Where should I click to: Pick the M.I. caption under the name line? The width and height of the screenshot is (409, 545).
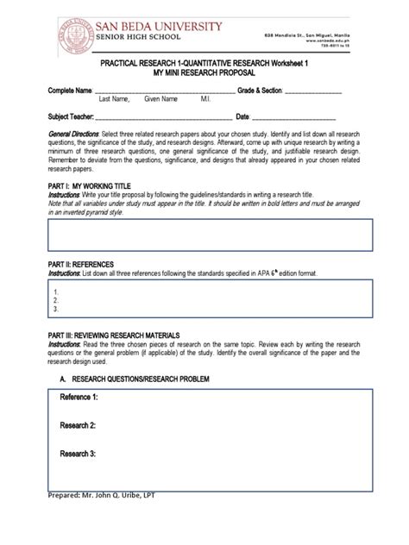coord(206,100)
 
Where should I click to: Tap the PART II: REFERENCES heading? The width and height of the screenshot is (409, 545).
coord(80,264)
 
